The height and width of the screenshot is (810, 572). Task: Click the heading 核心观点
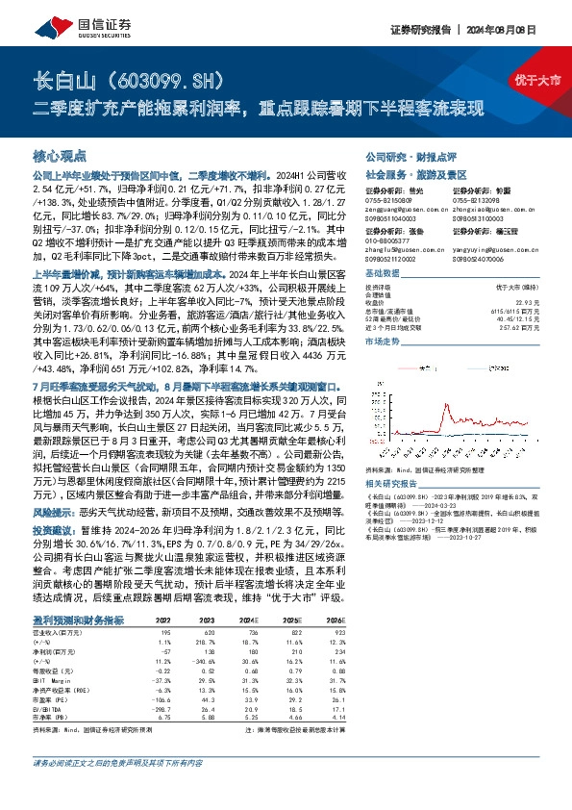[60, 153]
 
